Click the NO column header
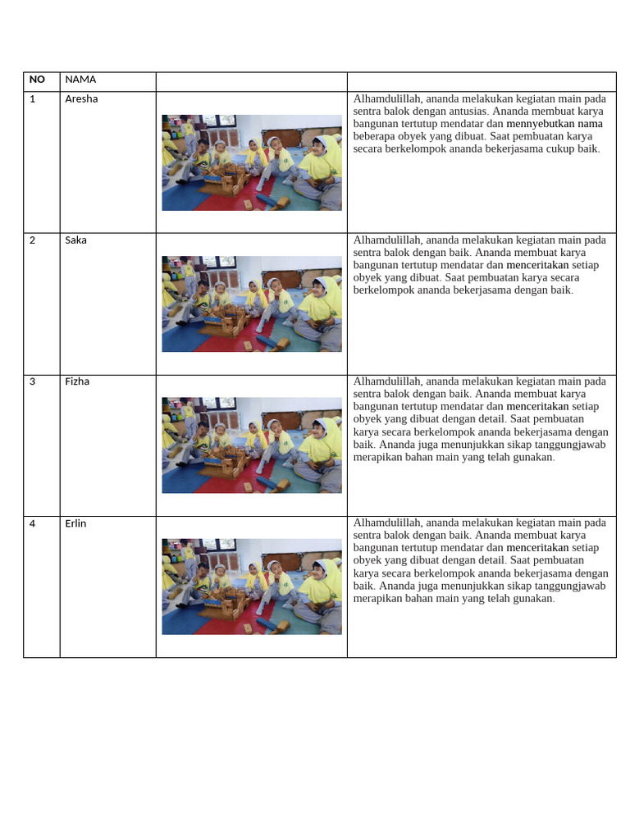point(37,80)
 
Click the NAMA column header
point(80,80)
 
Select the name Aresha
point(81,99)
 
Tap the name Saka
point(76,240)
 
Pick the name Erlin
point(76,523)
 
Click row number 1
point(33,99)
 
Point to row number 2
point(33,240)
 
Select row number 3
point(33,381)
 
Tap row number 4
point(33,523)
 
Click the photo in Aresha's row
point(252,162)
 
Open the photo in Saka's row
point(252,304)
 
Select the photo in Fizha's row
point(252,445)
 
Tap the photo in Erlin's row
point(252,586)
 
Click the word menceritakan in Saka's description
point(537,265)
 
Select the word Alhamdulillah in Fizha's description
point(386,381)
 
